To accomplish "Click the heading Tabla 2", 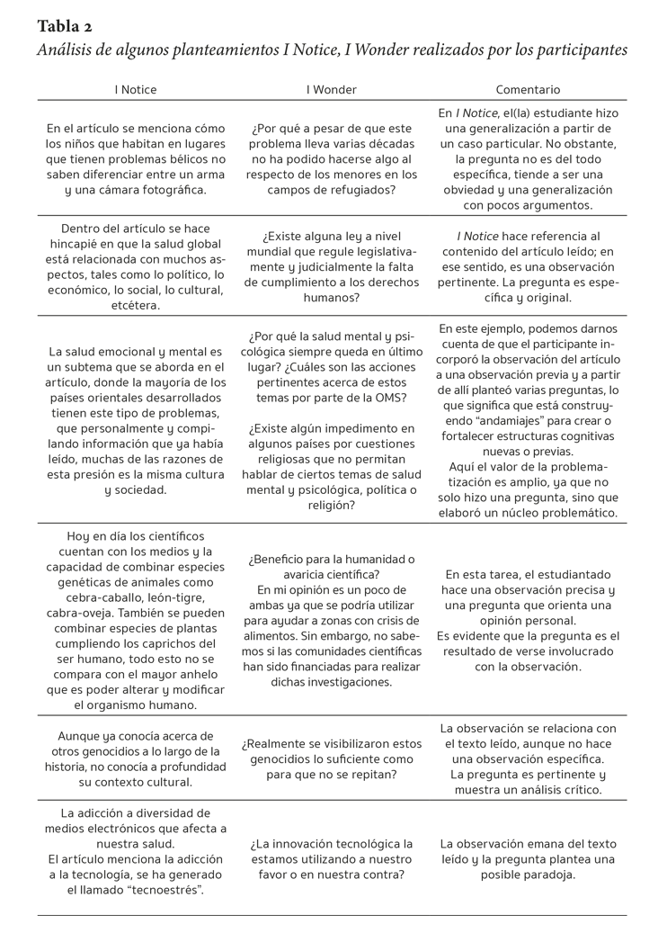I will coord(65,25).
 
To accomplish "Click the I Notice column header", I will coord(135,90).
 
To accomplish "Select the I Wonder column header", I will coord(332,90).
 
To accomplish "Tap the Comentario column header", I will coord(528,90).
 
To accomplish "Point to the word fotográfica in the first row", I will coord(167,190).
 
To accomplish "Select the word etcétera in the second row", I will coord(136,305).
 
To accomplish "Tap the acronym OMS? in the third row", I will coord(388,397).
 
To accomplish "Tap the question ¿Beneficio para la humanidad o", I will coord(332,559).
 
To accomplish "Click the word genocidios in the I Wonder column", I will coord(280,760).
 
